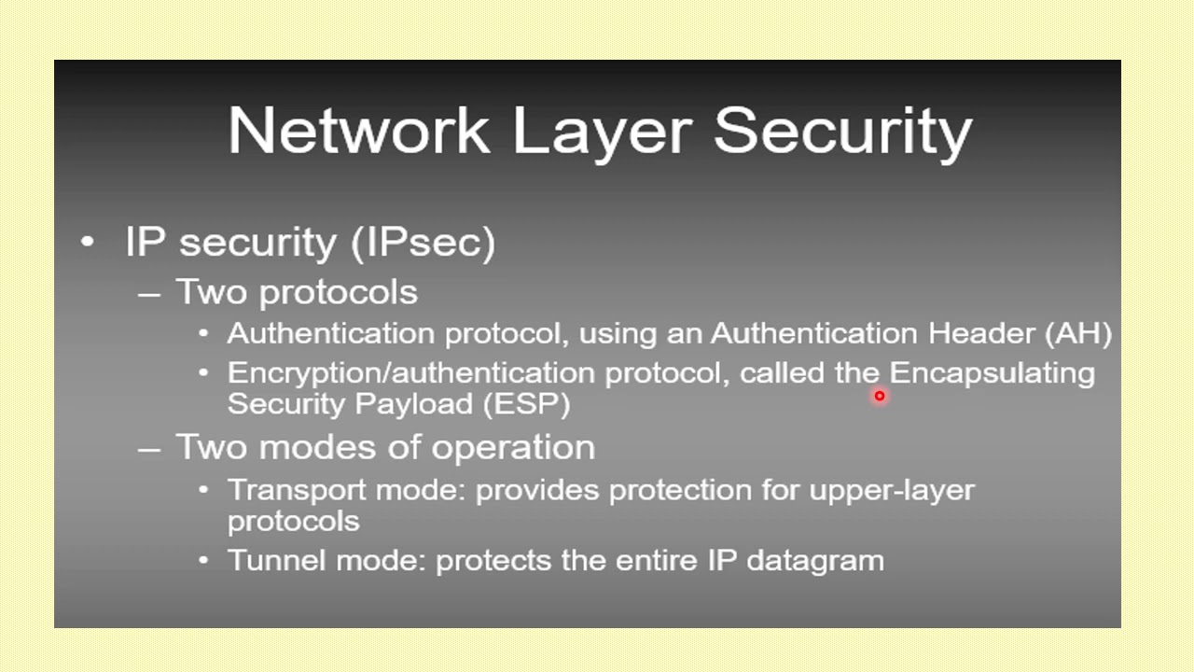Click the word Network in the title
pos(359,130)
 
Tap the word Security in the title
pos(843,130)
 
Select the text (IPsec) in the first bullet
pos(423,242)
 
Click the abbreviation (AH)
pos(1078,333)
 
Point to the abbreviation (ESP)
pos(526,404)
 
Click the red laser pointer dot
pos(879,396)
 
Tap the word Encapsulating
pos(992,373)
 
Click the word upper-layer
pos(892,490)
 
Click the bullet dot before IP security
pos(88,242)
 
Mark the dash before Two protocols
pos(148,293)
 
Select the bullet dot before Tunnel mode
pos(204,561)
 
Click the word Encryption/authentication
pos(411,373)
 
